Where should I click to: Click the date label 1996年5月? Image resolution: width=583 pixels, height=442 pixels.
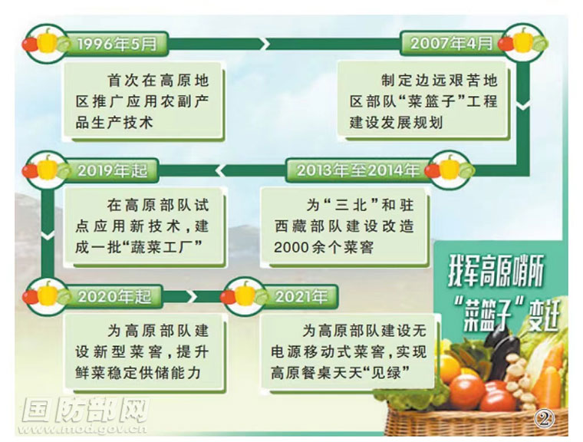point(117,44)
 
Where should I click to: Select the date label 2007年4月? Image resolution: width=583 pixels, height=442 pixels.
point(451,44)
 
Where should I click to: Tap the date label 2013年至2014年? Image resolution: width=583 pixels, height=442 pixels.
point(358,170)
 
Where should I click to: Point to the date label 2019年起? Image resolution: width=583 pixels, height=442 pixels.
point(113,171)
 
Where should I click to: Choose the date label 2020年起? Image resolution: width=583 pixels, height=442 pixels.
point(115,297)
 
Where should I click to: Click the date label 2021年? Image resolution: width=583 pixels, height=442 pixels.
point(301,296)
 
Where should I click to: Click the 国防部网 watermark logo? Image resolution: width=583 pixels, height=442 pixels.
point(85,410)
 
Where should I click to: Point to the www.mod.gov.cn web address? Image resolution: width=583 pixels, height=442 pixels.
point(85,430)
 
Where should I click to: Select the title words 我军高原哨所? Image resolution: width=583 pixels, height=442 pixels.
point(496,274)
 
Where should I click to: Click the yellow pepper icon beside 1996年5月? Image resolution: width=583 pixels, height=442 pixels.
point(48,40)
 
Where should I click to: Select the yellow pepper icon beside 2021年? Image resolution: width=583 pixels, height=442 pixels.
point(245,294)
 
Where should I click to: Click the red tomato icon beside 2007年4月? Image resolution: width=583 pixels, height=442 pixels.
point(506,44)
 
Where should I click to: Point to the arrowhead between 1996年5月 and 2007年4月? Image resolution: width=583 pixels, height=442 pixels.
point(265,44)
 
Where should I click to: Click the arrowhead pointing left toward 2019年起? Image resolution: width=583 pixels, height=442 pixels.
point(219,171)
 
